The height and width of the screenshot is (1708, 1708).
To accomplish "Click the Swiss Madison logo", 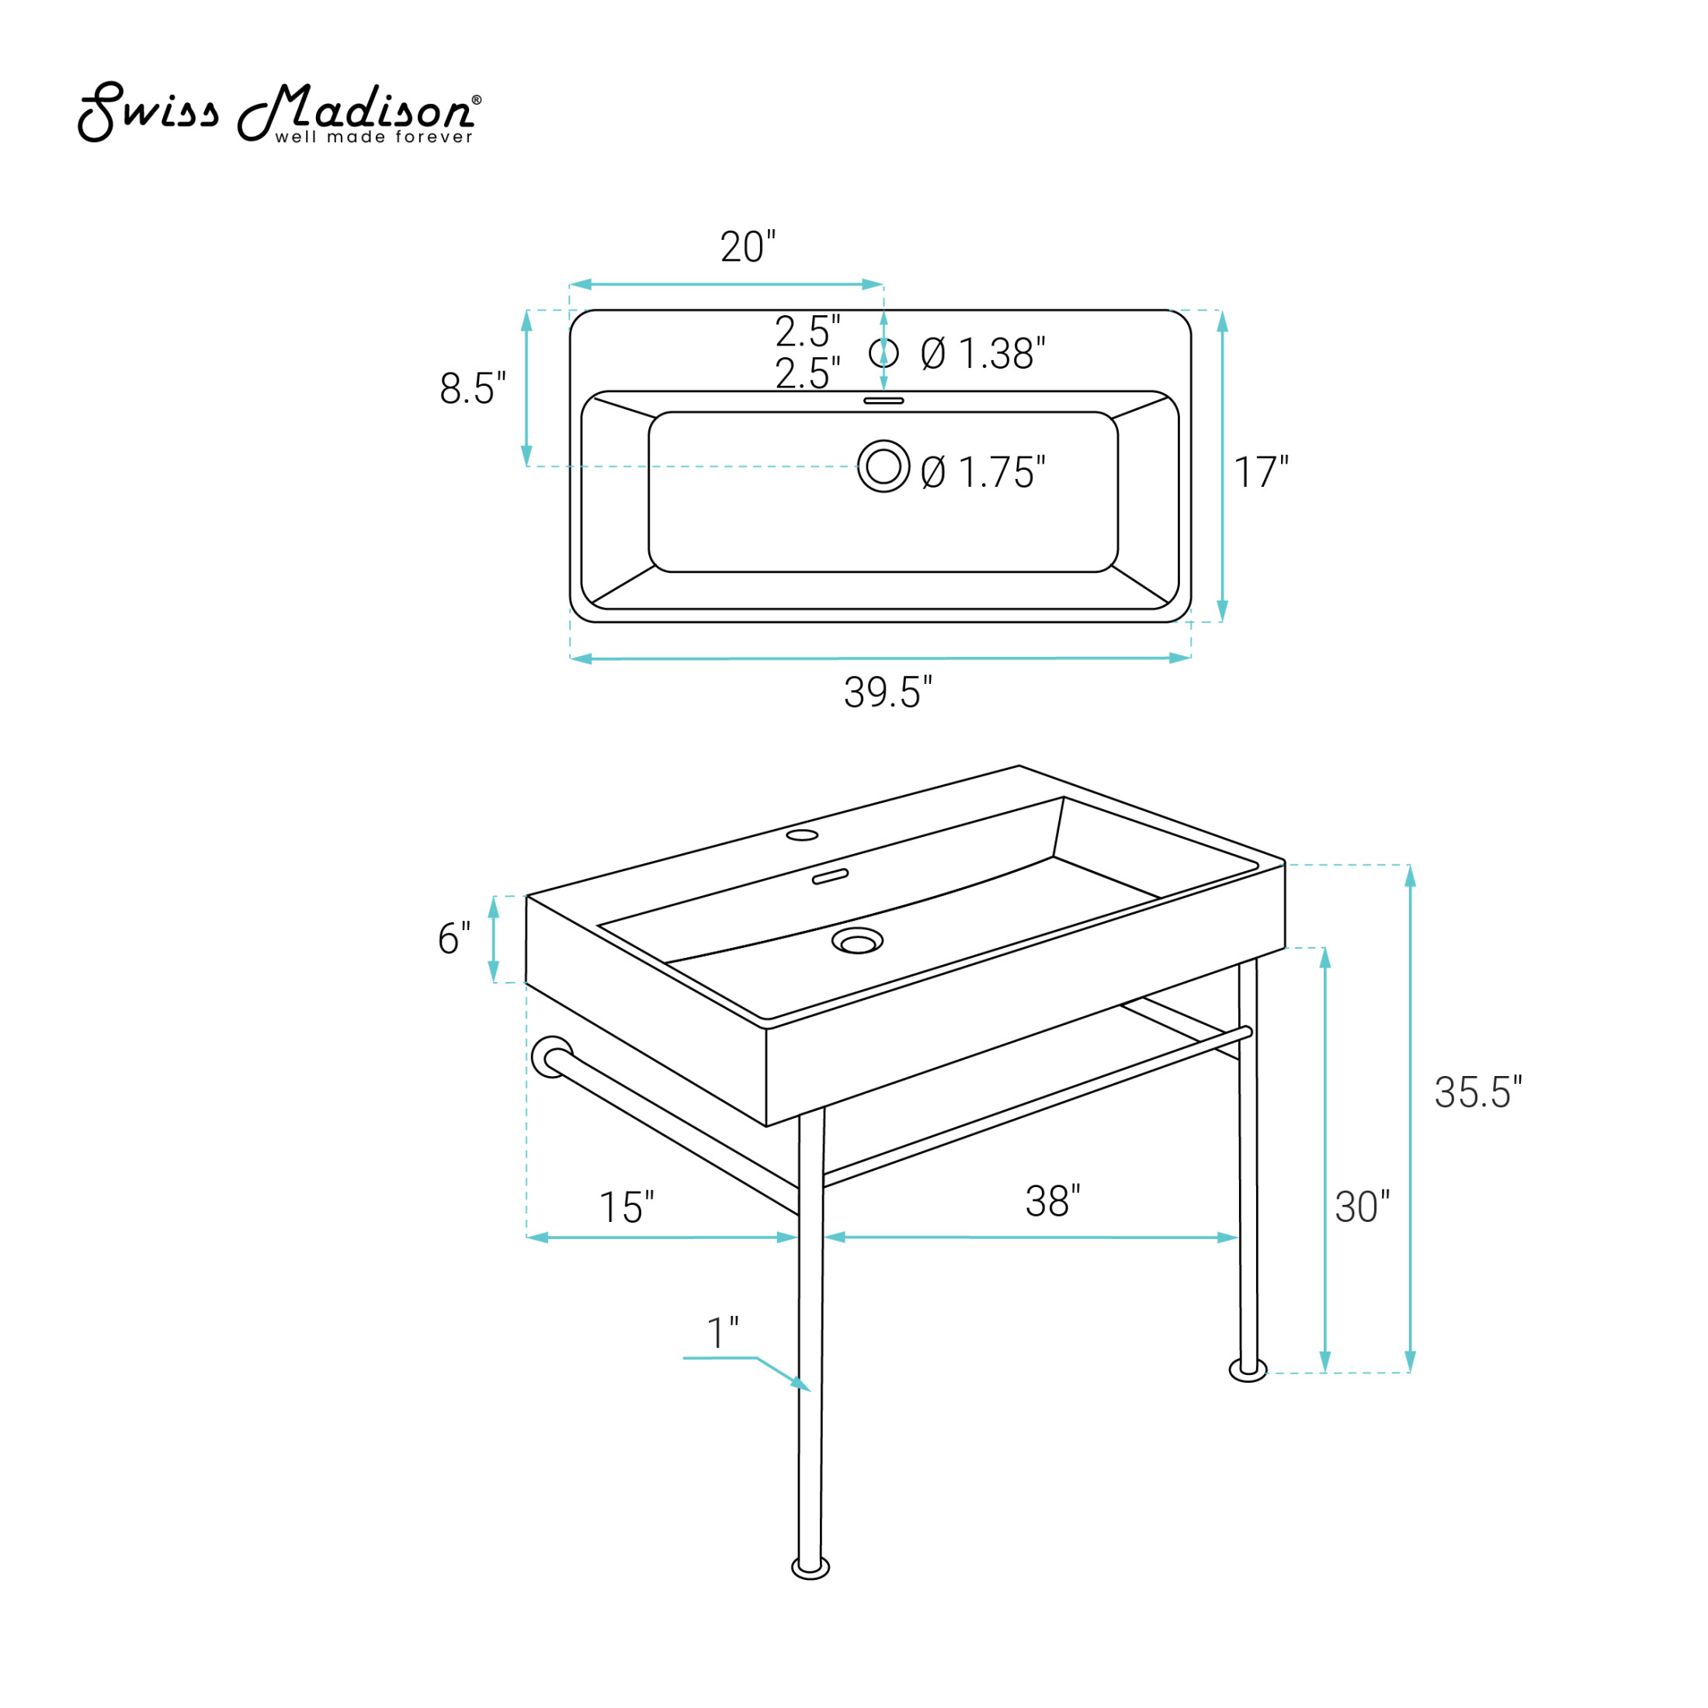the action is click(x=279, y=113).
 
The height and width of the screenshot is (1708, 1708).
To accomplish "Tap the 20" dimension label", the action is click(x=748, y=247).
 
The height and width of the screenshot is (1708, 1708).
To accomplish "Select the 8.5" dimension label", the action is click(x=473, y=388).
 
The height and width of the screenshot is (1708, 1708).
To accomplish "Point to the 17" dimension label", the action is click(x=1262, y=472).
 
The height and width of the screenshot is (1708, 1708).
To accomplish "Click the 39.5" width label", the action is click(x=887, y=693).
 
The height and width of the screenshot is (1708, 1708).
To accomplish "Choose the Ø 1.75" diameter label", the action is click(x=983, y=472).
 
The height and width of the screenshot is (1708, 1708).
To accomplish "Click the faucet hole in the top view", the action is click(x=884, y=352).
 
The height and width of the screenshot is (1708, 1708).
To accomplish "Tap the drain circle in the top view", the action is click(x=884, y=466).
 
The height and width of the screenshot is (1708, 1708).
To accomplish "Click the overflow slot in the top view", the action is click(x=884, y=401).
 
